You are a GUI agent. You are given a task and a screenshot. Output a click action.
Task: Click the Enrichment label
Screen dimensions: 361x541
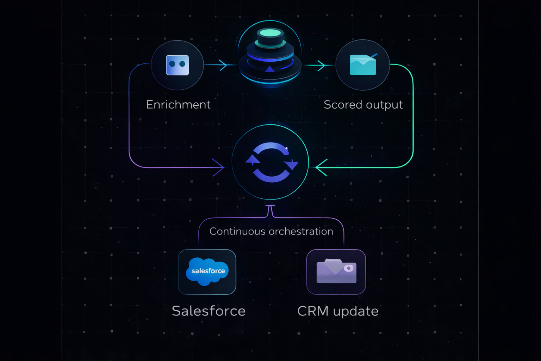coord(178,105)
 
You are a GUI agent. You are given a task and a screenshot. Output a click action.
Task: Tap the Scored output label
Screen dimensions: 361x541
coord(363,105)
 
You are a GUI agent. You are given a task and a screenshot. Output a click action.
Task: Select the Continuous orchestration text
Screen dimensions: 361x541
coord(271,231)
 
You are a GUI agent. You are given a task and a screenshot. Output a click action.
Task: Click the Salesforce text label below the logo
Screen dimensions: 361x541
coord(209,311)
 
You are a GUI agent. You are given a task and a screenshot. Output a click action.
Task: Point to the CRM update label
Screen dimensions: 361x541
coord(338,311)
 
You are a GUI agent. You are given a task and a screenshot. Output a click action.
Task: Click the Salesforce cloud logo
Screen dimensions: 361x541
coord(207,271)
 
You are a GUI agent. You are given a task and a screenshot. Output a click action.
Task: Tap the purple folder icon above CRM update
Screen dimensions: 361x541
coord(336,271)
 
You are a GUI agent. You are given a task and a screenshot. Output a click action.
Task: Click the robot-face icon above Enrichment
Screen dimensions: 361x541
coord(178,65)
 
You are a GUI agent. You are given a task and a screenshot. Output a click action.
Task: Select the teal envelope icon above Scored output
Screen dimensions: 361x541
coord(363,65)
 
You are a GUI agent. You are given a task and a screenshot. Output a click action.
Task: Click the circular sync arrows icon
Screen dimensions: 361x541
coord(271,163)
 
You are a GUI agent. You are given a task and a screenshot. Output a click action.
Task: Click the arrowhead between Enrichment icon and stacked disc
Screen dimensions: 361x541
coord(223,65)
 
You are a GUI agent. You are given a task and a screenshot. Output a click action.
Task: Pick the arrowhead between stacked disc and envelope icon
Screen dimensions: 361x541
coord(321,65)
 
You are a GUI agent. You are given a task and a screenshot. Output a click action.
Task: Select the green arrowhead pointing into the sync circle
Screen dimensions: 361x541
coord(321,167)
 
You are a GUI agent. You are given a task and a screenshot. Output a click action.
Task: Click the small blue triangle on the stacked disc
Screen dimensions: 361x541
coord(270,69)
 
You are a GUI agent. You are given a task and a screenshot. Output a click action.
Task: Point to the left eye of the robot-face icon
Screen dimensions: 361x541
coord(172,64)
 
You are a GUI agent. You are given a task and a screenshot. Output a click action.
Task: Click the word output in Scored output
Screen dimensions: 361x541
coord(384,105)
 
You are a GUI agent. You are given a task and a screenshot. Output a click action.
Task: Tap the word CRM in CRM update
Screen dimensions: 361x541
coord(313,311)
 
